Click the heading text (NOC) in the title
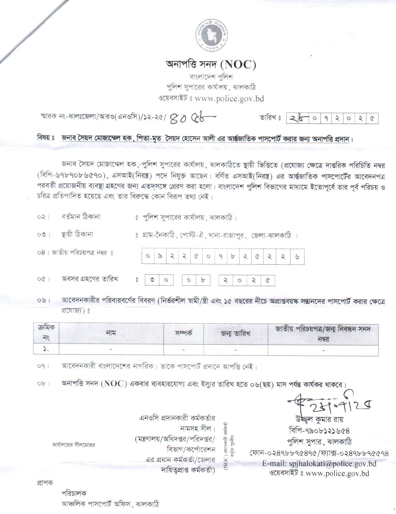[x=239, y=65]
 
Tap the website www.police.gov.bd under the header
[x=229, y=98]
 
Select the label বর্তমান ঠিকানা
[x=81, y=217]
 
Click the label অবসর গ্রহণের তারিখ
[x=90, y=279]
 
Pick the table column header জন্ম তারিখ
[x=235, y=334]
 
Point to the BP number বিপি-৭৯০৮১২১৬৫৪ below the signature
[x=319, y=431]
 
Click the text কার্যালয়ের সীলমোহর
[x=74, y=445]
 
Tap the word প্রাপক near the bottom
[x=45, y=482]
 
